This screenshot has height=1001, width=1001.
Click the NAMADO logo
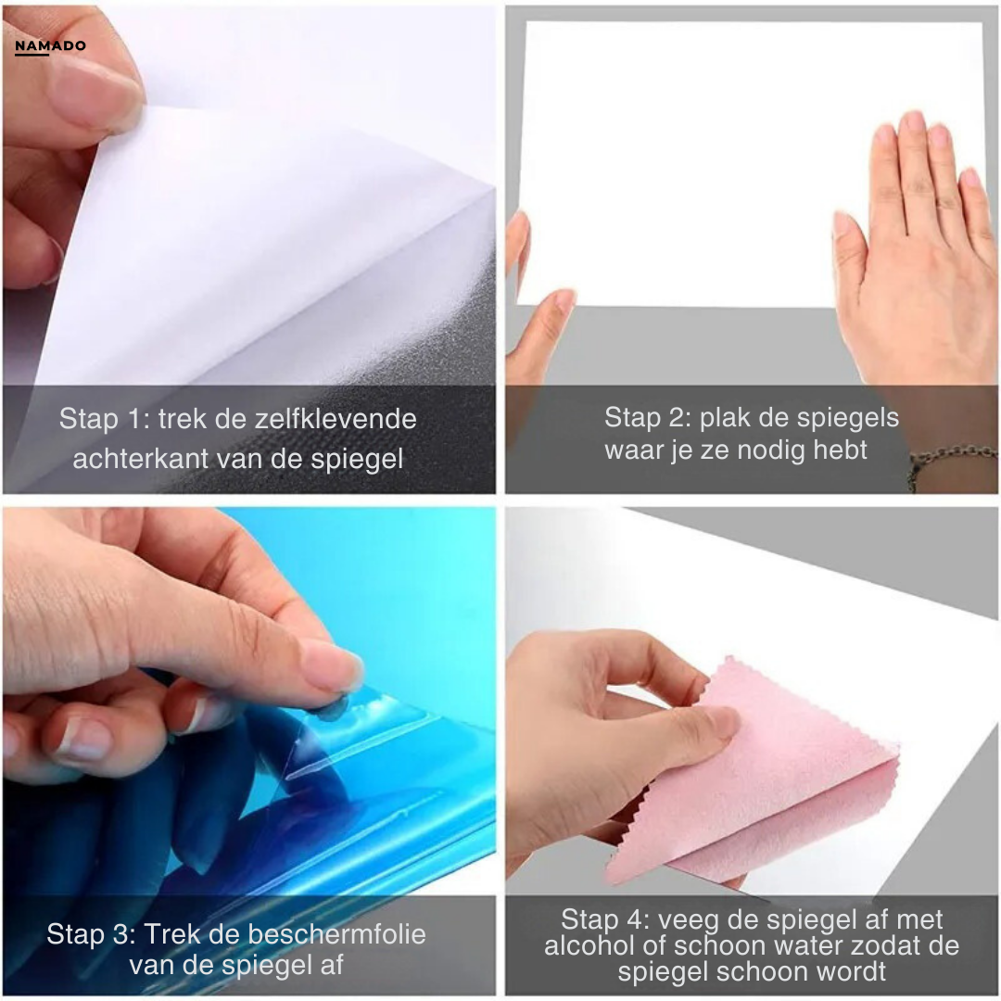point(50,46)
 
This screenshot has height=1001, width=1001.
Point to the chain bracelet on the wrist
point(950,460)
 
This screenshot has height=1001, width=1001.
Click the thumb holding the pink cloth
point(704,723)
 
